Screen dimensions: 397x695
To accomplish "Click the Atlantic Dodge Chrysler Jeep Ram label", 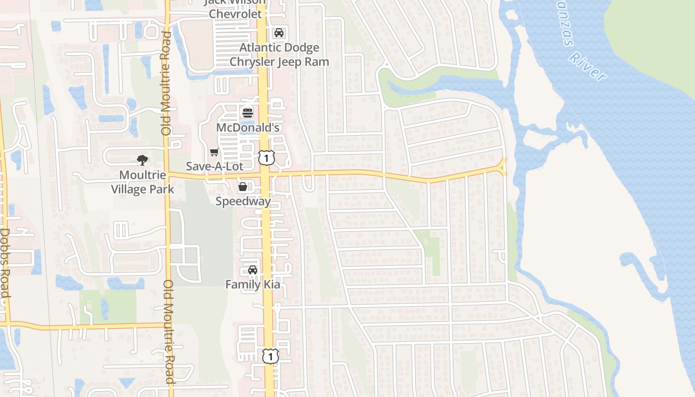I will coord(279,55).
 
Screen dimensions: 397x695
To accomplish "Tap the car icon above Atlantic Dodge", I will coord(279,33).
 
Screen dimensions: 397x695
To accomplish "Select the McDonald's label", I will coord(248,128).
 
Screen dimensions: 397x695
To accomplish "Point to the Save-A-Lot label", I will coord(214,166).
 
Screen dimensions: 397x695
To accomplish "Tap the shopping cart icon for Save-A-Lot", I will coord(214,152).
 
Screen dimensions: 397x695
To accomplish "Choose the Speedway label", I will coord(243,201).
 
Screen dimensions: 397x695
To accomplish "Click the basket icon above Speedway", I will coord(243,187).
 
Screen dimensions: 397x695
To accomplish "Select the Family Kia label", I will coord(253,284).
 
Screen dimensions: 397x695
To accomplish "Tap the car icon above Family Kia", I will coord(253,270).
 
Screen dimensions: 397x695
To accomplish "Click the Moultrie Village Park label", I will coord(142,182).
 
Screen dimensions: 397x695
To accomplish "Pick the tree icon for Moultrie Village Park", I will coord(142,160).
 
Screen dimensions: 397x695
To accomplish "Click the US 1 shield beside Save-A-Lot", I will coord(267,158).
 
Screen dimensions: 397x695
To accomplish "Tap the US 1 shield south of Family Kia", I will coord(270,356).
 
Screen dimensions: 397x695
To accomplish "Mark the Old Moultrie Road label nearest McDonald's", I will coord(166,83).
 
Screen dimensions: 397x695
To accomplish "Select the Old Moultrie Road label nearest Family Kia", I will coord(169,331).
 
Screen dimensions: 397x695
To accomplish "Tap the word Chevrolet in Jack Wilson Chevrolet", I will coord(235,14).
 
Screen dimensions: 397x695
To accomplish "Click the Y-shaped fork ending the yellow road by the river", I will coord(503,166).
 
